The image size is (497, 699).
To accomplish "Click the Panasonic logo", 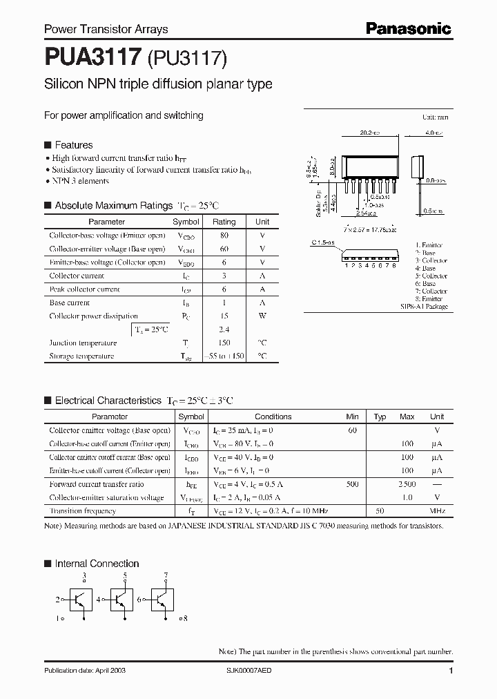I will click(x=407, y=28).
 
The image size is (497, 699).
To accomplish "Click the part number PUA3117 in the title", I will click(x=93, y=56).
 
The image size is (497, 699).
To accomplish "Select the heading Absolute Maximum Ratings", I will click(x=113, y=205).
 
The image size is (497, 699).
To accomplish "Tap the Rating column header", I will click(x=224, y=222).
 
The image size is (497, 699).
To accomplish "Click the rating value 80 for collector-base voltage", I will click(x=224, y=236).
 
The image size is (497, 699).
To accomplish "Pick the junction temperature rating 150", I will click(x=224, y=343).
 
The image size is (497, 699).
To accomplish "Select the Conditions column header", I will click(x=273, y=416).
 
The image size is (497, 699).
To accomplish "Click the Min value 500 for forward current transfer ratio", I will click(x=352, y=484).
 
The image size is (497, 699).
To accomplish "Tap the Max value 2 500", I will click(x=407, y=484).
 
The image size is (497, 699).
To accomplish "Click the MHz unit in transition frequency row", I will click(x=437, y=511).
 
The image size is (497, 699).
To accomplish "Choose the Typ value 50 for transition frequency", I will click(x=380, y=511).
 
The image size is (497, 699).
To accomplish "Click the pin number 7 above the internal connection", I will click(x=166, y=575).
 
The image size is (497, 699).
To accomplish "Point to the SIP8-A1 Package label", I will click(x=424, y=306).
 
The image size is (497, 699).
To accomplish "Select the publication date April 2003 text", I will click(x=85, y=671).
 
